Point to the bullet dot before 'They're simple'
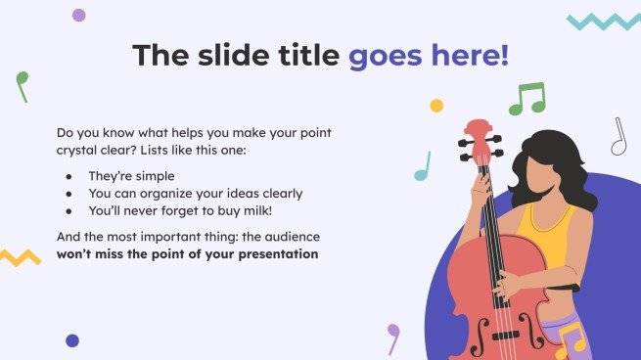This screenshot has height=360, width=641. (x=68, y=176)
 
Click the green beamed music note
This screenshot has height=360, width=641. (x=527, y=98)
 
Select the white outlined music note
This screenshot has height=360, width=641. (x=618, y=137)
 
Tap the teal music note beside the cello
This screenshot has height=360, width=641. (x=422, y=167)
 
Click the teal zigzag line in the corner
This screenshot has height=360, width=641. (x=603, y=21)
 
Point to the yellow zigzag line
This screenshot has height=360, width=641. (x=20, y=257)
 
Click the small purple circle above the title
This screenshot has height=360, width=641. (x=79, y=15)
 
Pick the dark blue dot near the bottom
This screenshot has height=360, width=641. (x=72, y=340)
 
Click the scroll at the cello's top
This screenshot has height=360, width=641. (x=479, y=131)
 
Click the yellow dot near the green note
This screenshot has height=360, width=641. (x=436, y=105)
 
